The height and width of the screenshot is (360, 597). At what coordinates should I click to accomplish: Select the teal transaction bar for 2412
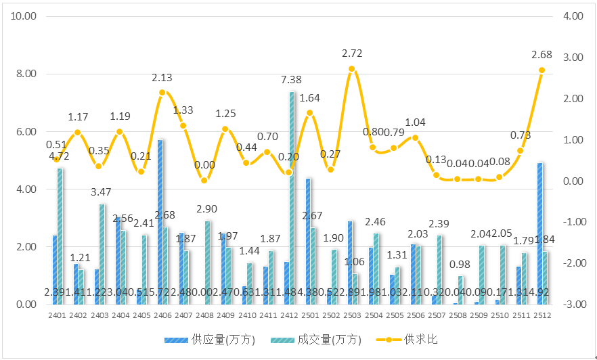click(x=292, y=198)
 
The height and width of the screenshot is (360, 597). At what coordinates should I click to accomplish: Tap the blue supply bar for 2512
click(x=540, y=233)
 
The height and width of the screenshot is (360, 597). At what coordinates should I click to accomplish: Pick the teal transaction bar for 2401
click(x=60, y=236)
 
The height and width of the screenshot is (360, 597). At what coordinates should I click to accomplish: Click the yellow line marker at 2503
click(x=352, y=69)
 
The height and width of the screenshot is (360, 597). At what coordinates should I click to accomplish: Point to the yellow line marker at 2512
click(x=541, y=70)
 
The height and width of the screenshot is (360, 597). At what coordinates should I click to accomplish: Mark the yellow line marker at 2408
click(x=204, y=181)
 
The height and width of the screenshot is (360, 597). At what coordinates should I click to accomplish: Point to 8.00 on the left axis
click(x=25, y=74)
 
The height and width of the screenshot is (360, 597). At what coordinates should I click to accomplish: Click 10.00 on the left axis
click(x=23, y=16)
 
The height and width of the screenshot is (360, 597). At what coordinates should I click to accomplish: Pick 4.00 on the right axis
click(x=573, y=16)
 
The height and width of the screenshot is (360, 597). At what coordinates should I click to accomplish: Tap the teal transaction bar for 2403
click(x=102, y=254)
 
